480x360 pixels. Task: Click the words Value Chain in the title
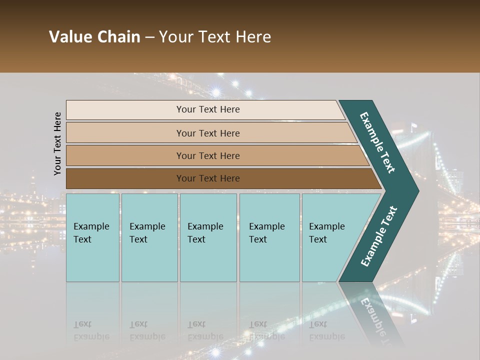(94, 37)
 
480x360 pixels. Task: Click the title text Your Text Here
(215, 37)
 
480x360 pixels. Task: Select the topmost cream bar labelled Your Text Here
(208, 109)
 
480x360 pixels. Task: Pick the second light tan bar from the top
(208, 133)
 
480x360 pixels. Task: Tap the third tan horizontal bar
(208, 155)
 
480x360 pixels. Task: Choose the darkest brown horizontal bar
(208, 178)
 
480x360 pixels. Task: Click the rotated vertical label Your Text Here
(57, 143)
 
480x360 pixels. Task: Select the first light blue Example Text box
(92, 237)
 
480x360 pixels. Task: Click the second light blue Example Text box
(149, 237)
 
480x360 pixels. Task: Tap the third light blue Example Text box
(207, 237)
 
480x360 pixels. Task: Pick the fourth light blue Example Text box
(269, 237)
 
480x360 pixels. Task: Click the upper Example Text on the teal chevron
(377, 142)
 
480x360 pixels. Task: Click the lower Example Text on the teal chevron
(378, 236)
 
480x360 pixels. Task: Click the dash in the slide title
(149, 37)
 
